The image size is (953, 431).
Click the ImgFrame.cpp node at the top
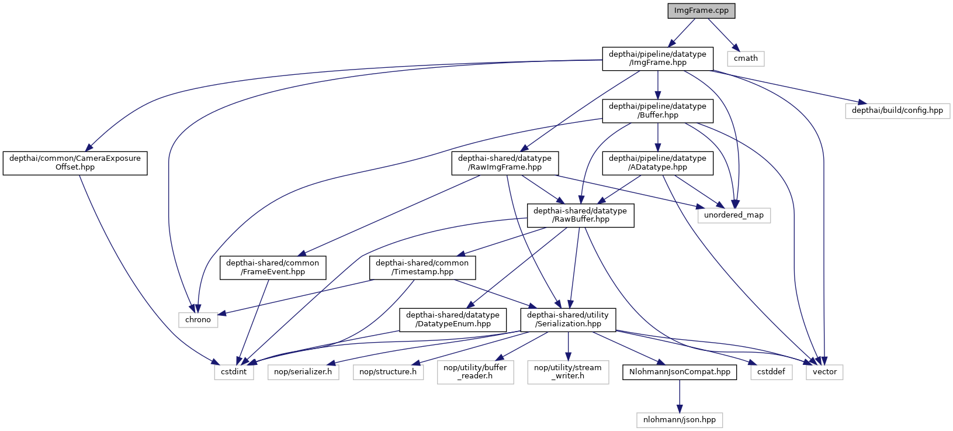coord(701,11)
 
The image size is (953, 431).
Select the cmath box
coord(746,58)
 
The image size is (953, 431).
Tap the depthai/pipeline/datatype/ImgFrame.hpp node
coord(657,58)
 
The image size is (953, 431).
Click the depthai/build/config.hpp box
coord(897,111)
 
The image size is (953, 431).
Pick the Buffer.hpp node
coord(657,111)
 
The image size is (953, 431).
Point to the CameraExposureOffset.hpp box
coord(75,163)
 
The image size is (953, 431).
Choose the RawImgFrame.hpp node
coord(504,163)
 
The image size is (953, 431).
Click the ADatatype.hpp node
coord(657,163)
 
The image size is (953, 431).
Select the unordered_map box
coord(733,215)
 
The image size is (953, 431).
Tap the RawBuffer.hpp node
coord(580,215)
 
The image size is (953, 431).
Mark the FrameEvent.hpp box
coord(273,267)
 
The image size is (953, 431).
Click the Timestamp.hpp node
coord(422,267)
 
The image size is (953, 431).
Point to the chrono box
coord(198,320)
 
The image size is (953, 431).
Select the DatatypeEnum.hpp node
coord(452,319)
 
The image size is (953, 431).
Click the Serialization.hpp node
coord(567,319)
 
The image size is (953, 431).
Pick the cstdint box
coord(234,372)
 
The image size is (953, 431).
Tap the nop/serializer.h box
coord(303,372)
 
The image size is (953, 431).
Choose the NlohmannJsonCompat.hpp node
coord(679,372)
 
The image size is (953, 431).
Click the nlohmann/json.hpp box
coord(679,420)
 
